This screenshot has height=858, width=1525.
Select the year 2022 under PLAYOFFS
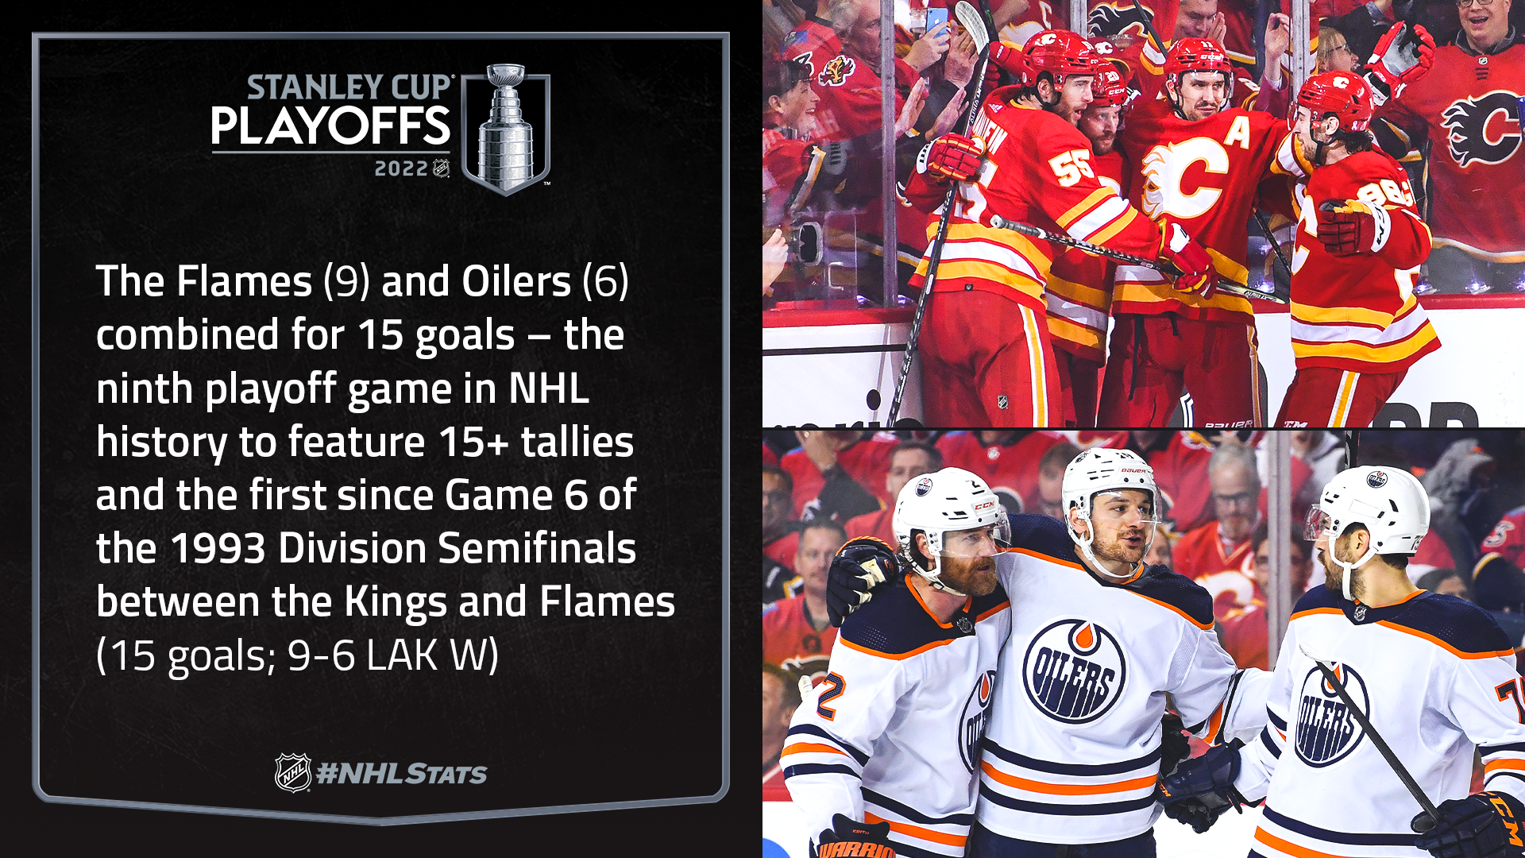point(401,168)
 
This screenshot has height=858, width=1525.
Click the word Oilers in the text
point(516,281)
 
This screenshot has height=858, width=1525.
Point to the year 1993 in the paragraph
point(218,548)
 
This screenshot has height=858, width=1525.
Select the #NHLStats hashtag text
point(402,774)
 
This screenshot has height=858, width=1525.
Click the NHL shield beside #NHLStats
point(293,772)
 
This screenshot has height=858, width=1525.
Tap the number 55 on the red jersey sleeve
point(1072,166)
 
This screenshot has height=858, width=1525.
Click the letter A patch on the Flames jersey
point(1237,132)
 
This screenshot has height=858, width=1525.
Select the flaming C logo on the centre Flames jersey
point(1183,178)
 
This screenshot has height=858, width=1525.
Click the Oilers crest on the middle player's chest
point(1074,671)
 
